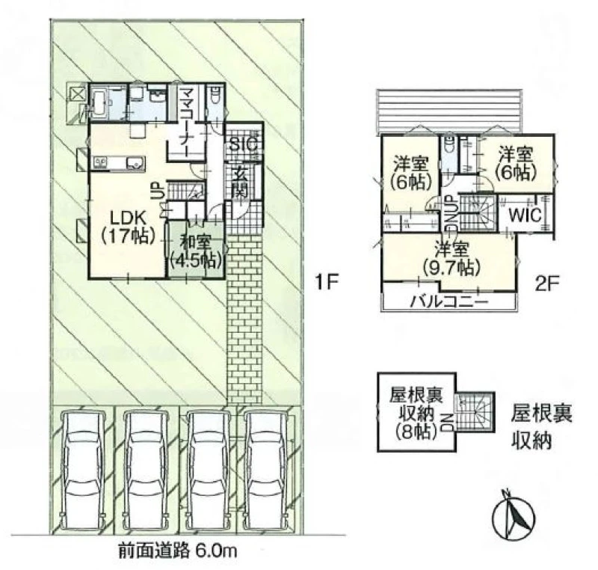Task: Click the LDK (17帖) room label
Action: [x=128, y=227]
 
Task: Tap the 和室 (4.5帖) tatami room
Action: [x=196, y=250]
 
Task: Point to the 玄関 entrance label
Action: [x=241, y=183]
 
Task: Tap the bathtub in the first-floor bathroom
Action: [x=100, y=102]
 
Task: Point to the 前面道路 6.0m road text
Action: [x=178, y=551]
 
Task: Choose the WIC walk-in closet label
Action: [x=525, y=215]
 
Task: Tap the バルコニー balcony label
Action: [x=449, y=303]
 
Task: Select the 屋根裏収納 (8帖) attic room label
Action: [x=416, y=413]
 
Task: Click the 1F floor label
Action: [x=327, y=283]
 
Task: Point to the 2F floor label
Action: [x=546, y=284]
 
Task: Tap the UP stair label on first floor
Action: [x=158, y=189]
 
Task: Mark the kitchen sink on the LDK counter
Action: [x=135, y=163]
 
